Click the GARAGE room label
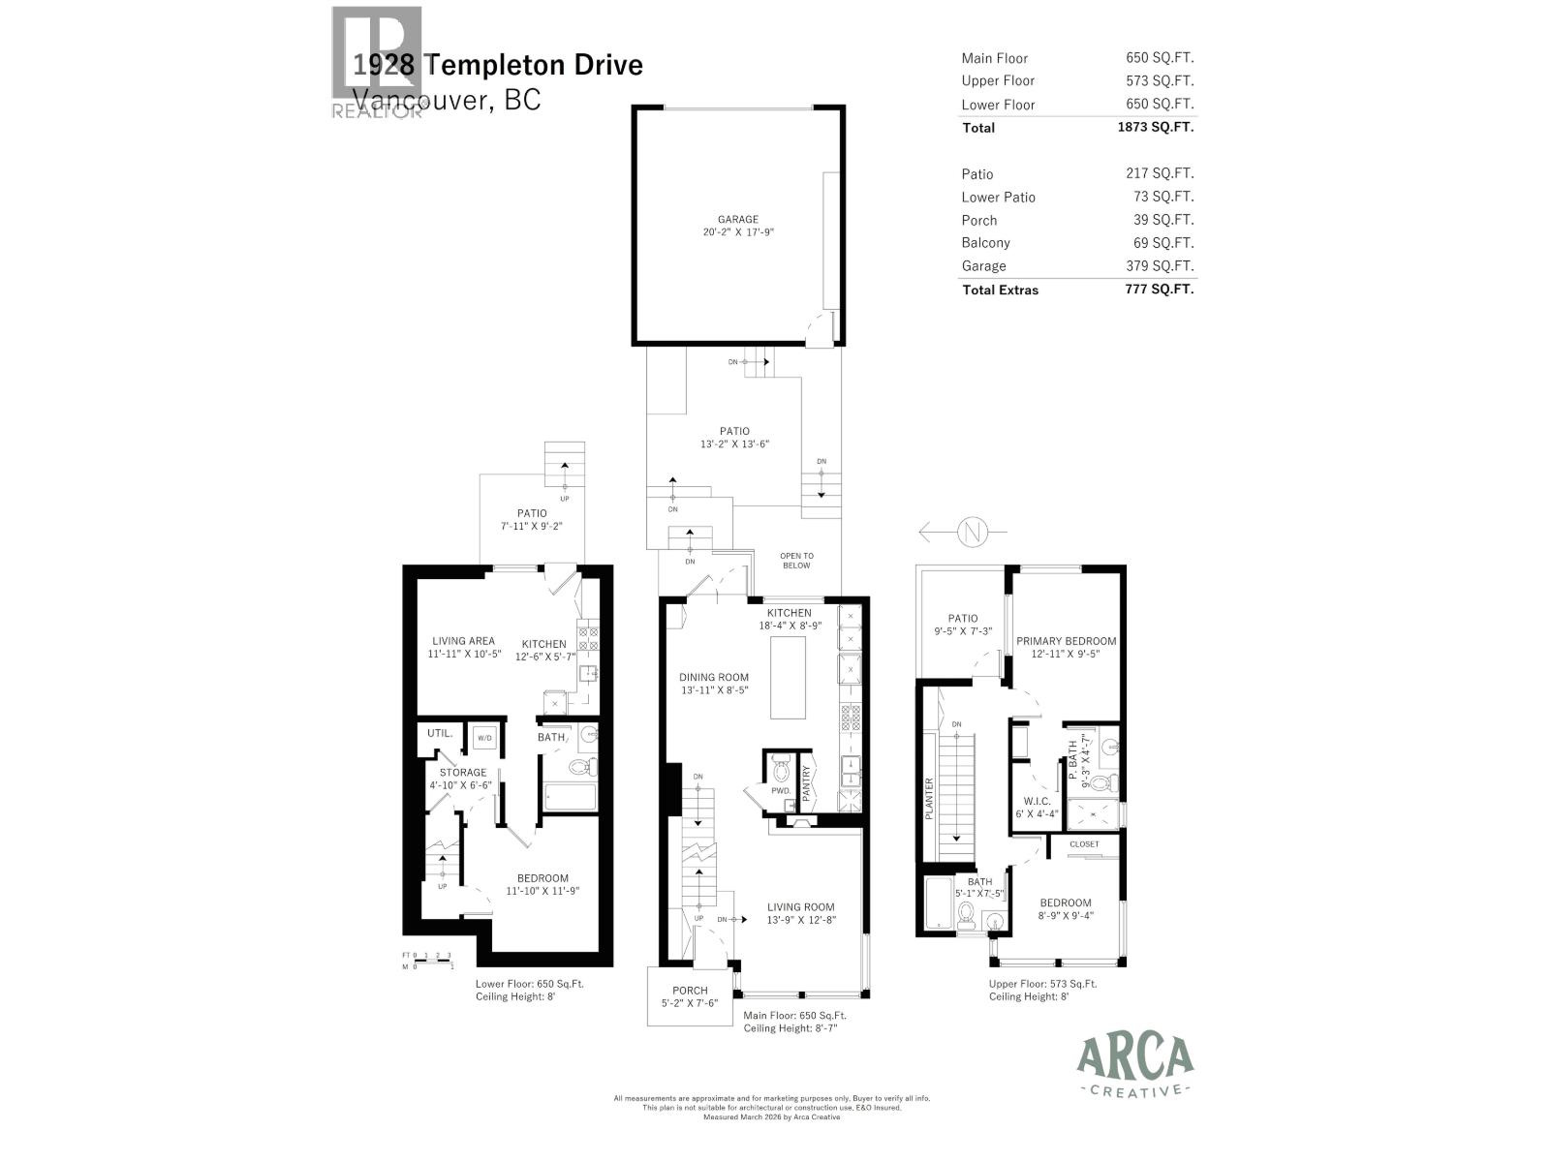click(737, 220)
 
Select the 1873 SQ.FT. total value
click(1155, 127)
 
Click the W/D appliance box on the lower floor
click(482, 739)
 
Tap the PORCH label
click(690, 991)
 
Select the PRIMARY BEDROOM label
click(1066, 641)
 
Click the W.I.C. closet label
click(1037, 802)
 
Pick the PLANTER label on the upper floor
click(929, 799)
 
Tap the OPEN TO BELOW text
click(796, 561)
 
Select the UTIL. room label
click(440, 733)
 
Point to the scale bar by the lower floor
click(427, 961)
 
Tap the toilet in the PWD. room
click(782, 772)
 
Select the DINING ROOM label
click(713, 678)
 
